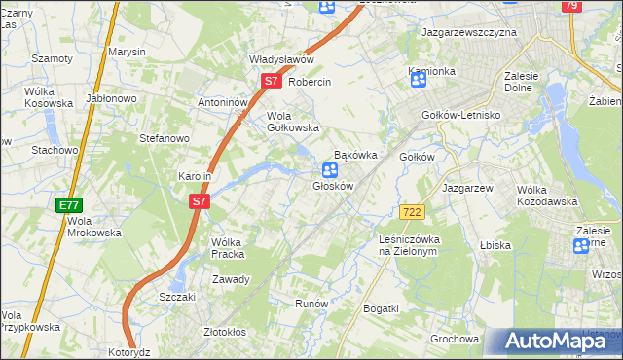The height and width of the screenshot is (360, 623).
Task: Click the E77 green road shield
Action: (68, 205)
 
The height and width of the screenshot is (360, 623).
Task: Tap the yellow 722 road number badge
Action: (411, 212)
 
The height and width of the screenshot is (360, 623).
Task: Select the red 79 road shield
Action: (572, 6)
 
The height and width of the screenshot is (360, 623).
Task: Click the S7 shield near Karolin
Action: (199, 201)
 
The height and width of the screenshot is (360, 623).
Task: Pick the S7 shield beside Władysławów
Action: (272, 83)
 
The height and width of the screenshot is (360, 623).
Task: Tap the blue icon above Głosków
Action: (330, 170)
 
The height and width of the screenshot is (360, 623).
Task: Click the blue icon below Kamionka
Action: (419, 81)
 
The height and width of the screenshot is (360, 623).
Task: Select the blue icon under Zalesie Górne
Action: (581, 246)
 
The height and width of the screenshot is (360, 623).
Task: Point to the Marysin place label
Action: (127, 51)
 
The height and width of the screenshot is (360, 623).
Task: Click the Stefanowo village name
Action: (164, 138)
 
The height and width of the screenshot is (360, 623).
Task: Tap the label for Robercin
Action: (311, 83)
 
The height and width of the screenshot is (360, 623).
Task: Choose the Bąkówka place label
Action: (355, 155)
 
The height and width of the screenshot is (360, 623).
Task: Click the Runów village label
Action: (311, 304)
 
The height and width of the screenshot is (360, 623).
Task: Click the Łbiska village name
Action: (495, 245)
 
